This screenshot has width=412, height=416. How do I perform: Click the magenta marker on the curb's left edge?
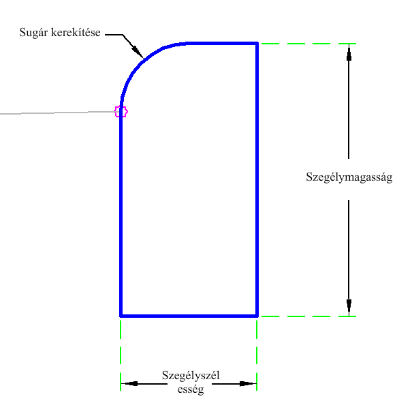[121, 111]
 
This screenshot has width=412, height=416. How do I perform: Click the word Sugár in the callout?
[33, 32]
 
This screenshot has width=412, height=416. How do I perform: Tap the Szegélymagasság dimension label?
[349, 179]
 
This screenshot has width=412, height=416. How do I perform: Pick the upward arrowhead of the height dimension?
[349, 51]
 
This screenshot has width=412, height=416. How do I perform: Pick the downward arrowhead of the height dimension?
[349, 308]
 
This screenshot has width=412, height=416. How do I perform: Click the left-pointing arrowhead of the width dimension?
[129, 384]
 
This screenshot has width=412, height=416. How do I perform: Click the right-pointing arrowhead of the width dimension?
[249, 384]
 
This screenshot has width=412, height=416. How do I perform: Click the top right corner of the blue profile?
[257, 44]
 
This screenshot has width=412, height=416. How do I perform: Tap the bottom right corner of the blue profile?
[257, 316]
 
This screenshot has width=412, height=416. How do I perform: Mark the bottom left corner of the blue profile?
[121, 316]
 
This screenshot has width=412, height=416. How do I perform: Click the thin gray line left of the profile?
[54, 113]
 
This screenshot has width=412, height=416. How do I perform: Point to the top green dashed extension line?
[306, 44]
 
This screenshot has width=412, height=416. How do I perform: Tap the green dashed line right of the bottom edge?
[306, 316]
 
